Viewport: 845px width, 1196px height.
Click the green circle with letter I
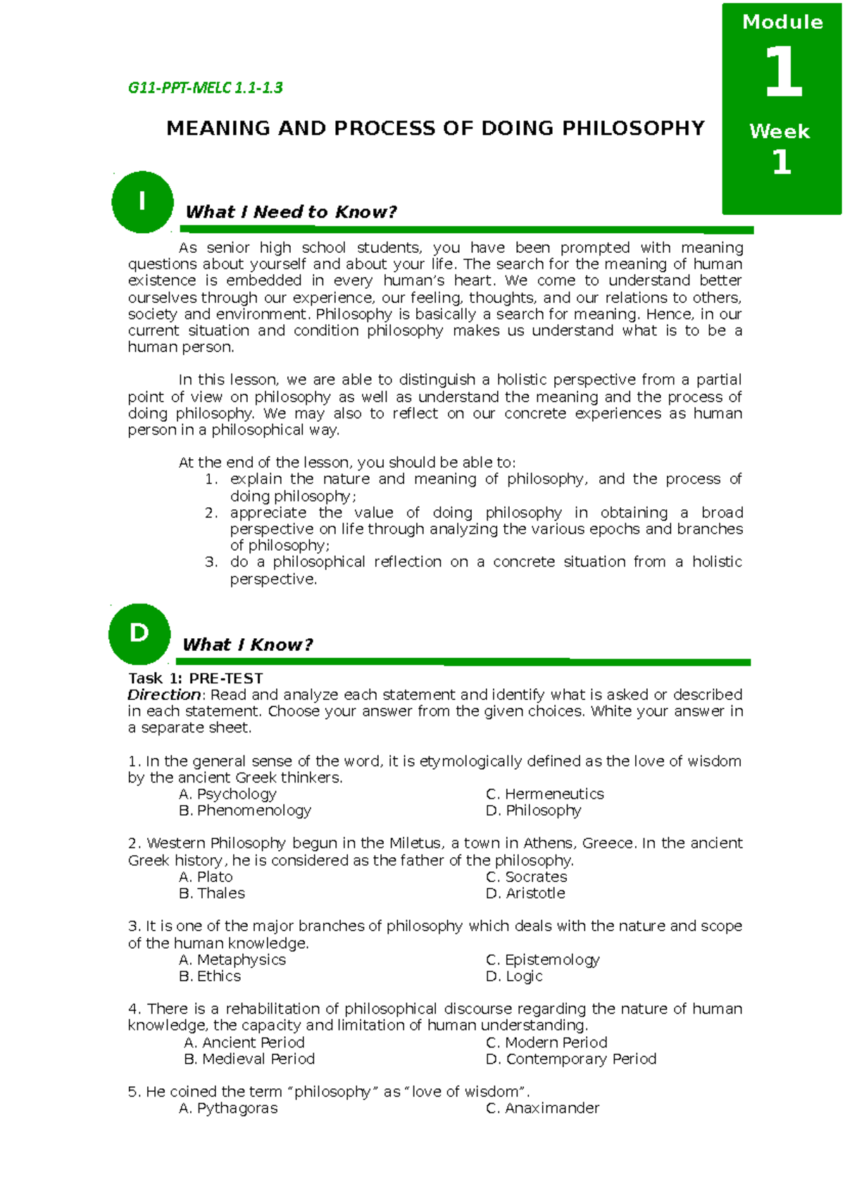pos(142,202)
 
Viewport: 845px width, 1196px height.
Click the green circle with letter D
pos(139,634)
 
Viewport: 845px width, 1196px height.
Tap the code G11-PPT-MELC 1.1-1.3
pos(205,88)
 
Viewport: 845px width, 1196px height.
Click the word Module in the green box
pos(782,23)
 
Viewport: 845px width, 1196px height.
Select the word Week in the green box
pos(780,132)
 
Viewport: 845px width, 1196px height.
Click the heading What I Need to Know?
pos(291,212)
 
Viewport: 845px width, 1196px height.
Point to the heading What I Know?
pos(247,644)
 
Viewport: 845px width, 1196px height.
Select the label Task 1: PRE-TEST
pos(195,678)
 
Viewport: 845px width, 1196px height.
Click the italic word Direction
pos(164,694)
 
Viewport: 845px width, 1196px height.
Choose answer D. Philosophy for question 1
pos(534,811)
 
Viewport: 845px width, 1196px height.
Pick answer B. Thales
pos(212,893)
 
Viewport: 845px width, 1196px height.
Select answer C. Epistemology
pos(543,960)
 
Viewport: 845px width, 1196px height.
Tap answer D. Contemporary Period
pos(571,1059)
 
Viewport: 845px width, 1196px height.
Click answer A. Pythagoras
pos(228,1109)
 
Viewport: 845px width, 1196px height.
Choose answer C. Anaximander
pos(543,1109)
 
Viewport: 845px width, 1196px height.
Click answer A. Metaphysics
pos(232,960)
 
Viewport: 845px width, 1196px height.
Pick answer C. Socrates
pos(527,877)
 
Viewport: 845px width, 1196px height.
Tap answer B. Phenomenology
pos(245,811)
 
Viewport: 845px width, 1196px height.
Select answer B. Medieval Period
pos(249,1059)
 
